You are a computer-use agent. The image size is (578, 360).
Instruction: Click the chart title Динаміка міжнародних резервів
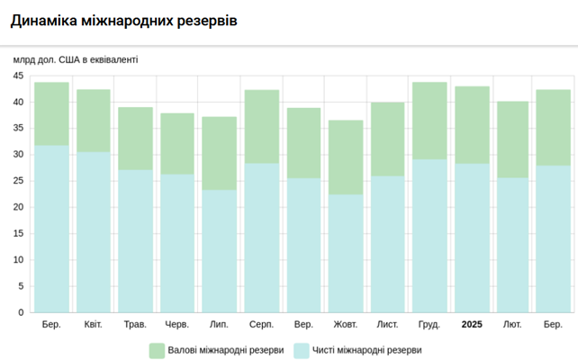point(124,20)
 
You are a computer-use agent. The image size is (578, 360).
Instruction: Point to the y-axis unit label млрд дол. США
point(76,59)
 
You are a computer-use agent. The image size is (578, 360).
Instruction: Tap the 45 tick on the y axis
point(17,76)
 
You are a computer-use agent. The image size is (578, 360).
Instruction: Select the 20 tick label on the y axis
point(17,208)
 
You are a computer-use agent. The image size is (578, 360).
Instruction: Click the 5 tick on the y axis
point(20,287)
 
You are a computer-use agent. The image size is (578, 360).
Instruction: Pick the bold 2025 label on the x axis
point(472,324)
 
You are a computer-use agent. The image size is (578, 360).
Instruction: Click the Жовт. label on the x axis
point(346,324)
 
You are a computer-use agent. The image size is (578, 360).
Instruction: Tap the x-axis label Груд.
point(429,324)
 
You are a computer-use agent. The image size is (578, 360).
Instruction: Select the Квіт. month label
point(93,324)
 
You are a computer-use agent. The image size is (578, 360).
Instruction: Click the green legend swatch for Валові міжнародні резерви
point(157,350)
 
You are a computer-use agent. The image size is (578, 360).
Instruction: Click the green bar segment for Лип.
point(219,153)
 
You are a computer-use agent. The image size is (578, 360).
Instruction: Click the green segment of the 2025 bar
point(472,124)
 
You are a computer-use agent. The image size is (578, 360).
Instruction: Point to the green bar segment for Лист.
point(388,139)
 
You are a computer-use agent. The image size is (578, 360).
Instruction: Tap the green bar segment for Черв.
point(177,143)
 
